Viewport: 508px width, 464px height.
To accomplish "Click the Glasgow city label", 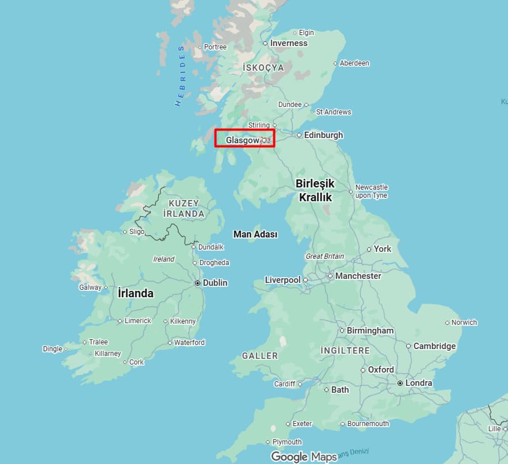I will (242, 140).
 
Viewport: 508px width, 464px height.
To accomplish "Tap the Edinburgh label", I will (323, 135).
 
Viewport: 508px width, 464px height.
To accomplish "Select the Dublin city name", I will (215, 283).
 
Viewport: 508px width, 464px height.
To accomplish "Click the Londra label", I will (418, 383).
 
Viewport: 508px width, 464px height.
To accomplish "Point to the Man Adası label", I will (255, 235).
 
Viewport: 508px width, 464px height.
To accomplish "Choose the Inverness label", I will (289, 43).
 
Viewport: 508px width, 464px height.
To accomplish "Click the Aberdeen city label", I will (354, 63).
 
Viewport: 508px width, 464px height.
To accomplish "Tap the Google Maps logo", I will (304, 457).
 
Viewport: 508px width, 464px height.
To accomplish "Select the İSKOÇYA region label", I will (263, 68).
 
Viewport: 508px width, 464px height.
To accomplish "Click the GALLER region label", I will (260, 356).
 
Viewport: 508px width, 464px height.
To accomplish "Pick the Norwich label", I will (464, 323).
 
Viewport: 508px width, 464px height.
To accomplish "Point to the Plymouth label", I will (287, 442).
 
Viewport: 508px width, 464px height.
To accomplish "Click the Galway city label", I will (90, 287).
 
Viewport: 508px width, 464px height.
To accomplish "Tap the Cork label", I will (137, 362).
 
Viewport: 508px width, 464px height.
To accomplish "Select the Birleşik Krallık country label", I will (315, 190).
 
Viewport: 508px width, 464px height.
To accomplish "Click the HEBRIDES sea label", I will (180, 76).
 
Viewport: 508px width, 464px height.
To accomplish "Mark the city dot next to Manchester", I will (330, 276).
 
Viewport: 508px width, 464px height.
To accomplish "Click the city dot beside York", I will (369, 250).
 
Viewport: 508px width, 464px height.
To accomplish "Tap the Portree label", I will (215, 47).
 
